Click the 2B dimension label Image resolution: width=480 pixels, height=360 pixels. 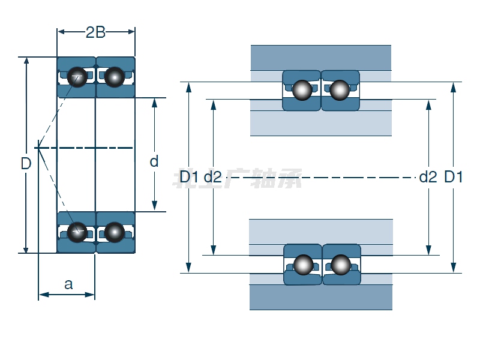[x=95, y=32]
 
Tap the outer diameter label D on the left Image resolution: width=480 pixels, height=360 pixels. [x=26, y=163]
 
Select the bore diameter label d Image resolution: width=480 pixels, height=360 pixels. [x=154, y=161]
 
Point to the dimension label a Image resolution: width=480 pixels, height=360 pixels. [x=68, y=284]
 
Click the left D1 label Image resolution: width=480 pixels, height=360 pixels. [x=190, y=177]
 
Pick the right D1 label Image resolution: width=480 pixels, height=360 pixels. [x=453, y=177]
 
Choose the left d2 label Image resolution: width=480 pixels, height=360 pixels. [x=213, y=177]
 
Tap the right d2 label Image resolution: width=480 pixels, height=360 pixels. [x=428, y=177]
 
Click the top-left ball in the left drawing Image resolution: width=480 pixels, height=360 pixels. [x=77, y=76]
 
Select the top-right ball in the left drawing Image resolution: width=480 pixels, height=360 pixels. [x=114, y=76]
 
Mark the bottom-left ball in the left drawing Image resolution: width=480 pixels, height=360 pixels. [x=77, y=232]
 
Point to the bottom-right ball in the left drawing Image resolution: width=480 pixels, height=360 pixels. [x=114, y=232]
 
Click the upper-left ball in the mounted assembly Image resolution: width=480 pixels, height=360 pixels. [x=302, y=90]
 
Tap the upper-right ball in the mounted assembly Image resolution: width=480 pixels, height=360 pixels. [x=340, y=90]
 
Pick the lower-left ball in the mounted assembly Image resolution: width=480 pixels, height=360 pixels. [x=304, y=265]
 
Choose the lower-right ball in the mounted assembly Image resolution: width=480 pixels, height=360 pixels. [x=340, y=265]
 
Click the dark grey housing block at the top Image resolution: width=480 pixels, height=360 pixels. [x=321, y=58]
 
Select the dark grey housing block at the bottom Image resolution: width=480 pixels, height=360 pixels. [x=321, y=297]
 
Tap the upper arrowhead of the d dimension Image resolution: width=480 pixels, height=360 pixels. [x=154, y=102]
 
